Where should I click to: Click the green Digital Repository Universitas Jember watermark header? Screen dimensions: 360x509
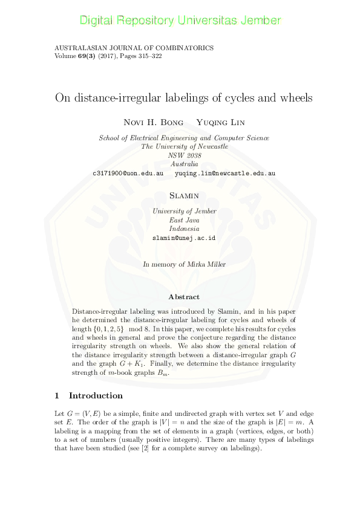coord(180,21)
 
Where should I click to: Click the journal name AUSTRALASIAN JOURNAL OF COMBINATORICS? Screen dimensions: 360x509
coord(134,48)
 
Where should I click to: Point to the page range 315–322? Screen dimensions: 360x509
coord(148,56)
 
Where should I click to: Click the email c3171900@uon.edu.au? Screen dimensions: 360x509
coord(128,173)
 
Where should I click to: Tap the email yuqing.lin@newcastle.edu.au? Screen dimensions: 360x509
coord(225,173)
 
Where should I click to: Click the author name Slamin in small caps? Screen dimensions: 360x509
coord(184,196)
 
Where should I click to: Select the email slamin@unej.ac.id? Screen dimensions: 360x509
coord(184,238)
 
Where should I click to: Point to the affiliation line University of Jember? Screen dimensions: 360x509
coord(184,212)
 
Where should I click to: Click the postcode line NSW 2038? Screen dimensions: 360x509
coord(184,155)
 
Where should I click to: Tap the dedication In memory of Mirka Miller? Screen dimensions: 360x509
coord(184,264)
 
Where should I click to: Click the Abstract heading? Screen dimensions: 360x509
coord(184,297)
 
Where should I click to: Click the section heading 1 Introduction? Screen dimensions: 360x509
coord(88,396)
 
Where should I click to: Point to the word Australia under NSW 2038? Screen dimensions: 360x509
coord(184,164)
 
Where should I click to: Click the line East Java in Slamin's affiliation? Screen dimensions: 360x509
coord(184,221)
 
